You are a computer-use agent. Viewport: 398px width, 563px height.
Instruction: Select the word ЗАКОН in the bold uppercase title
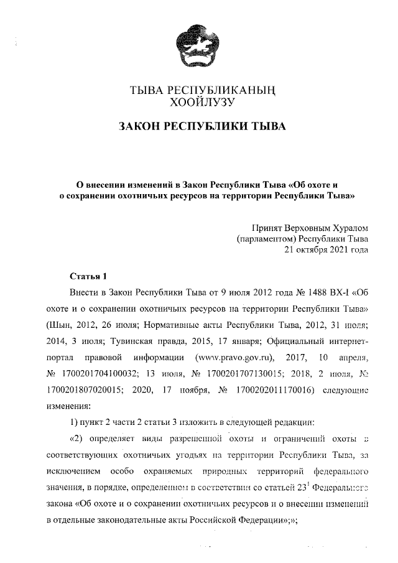[x=140, y=128]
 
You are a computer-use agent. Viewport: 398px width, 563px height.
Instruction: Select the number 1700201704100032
[x=99, y=373]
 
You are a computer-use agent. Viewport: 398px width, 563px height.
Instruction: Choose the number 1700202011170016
[x=275, y=389]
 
